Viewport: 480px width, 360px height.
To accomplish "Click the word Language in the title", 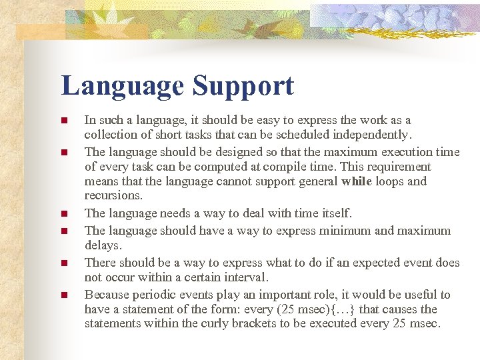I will point(122,87).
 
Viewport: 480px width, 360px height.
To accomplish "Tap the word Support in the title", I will point(243,87).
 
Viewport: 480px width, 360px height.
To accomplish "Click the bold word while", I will point(357,182).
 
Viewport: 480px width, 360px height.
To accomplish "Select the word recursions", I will point(113,196).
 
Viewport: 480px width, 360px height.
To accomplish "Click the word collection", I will point(109,135).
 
